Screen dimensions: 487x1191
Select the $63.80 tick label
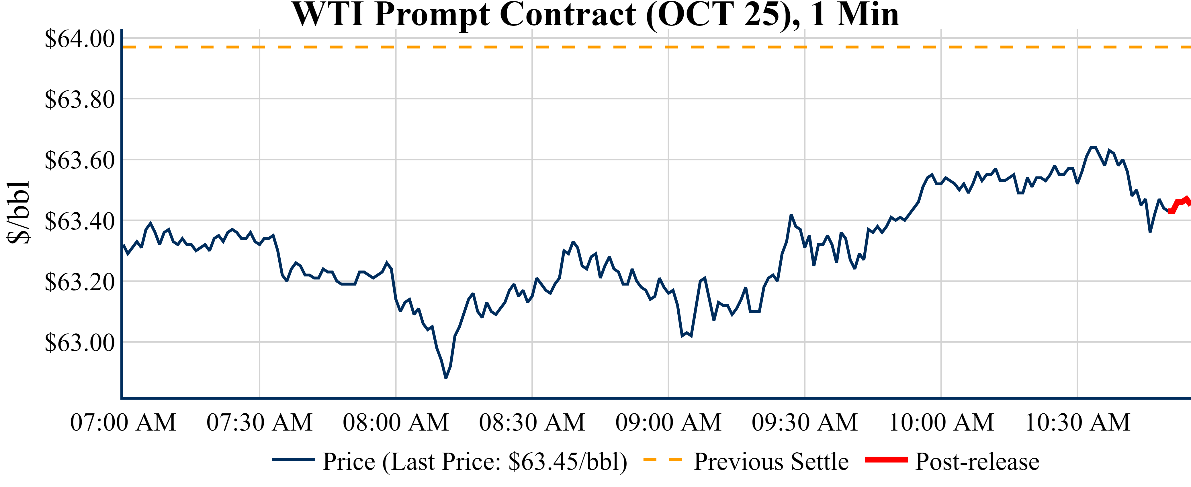[x=79, y=99]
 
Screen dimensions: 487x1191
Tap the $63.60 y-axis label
[x=79, y=160]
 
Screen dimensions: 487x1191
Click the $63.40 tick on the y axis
[x=79, y=221]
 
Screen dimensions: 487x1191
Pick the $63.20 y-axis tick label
[x=79, y=282]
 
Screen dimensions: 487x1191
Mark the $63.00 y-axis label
[x=79, y=343]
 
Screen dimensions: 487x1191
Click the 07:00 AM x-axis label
[x=123, y=422]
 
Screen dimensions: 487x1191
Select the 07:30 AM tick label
[x=259, y=422]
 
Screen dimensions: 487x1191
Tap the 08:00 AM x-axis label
[x=396, y=422]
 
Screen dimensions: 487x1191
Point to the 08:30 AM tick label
[x=532, y=422]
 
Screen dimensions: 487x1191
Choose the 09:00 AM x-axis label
[x=668, y=422]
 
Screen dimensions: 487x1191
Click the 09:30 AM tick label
[x=805, y=422]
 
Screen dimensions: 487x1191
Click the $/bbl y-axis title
[x=19, y=213]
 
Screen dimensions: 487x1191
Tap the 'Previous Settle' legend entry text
[x=771, y=462]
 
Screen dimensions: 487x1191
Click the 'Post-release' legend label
[x=977, y=462]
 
